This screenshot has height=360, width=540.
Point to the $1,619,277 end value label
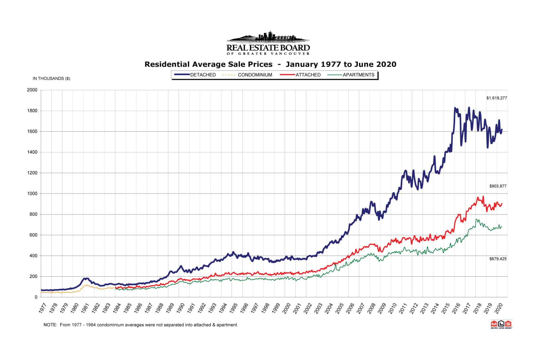coord(496,98)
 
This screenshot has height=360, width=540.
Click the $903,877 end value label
coord(498,186)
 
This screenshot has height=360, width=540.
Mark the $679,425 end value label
coord(498,259)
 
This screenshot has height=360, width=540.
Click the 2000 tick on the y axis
coord(32,90)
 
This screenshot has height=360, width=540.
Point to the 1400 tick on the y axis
coord(32,152)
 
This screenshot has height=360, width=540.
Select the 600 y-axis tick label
coord(33,235)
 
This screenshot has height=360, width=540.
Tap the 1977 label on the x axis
coord(43,308)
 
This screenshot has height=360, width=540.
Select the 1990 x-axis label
coord(180,308)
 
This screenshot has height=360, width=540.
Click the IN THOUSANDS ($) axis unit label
coord(51,79)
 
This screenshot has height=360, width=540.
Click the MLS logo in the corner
coord(501,324)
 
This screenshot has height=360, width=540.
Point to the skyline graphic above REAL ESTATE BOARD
coord(268,37)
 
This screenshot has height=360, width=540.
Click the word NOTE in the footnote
coord(50,325)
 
